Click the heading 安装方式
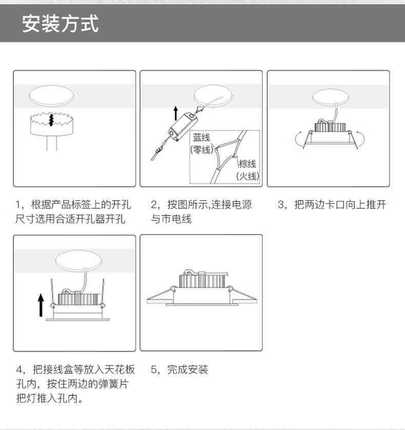pos(60,24)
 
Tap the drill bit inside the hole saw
pos(51,120)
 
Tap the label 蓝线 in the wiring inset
pos(201,137)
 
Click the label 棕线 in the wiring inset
pos(247,164)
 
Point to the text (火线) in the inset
pos(248,176)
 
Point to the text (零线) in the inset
pos(201,150)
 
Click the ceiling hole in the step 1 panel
pos(51,96)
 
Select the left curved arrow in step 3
pos(297,138)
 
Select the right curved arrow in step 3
pos(362,138)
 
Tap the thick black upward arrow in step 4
pos(41,305)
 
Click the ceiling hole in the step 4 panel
pos(78,260)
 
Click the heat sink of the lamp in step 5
pos(202,280)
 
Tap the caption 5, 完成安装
pos(179,370)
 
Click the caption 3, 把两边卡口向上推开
pos(332,204)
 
